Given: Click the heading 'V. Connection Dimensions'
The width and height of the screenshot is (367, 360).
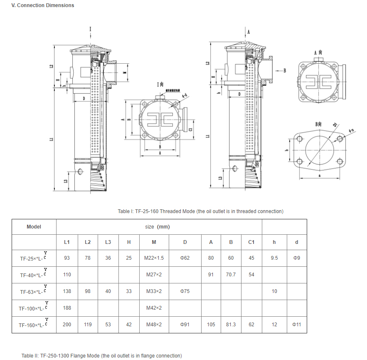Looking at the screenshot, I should pos(43,5).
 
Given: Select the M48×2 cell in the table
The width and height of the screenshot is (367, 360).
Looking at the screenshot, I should pos(154,325).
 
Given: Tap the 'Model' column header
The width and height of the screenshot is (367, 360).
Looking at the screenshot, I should pos(34,227).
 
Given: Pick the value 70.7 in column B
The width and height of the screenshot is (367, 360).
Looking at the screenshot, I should pos(231,275).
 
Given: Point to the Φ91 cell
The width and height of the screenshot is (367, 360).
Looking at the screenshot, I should pos(185,325).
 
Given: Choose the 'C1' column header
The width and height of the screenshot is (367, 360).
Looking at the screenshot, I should pos(251,242).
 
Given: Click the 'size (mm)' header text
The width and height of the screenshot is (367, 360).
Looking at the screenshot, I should pos(158,227).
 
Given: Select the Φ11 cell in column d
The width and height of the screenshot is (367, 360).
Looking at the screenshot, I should pos(296,325).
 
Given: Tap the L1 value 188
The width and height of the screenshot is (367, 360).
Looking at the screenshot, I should pos(67,308).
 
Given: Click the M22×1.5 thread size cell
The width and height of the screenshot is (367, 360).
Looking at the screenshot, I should pos(154,258).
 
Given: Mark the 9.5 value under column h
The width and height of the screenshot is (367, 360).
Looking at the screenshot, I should pos(274,258).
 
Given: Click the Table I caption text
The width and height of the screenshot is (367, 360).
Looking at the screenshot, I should pos(200,211).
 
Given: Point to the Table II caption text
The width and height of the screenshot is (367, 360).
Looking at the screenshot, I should pos(101,356).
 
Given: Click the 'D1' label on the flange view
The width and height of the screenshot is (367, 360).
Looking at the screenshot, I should pos(335,124).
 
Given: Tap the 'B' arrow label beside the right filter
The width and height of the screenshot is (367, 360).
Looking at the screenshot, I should pos(285,70).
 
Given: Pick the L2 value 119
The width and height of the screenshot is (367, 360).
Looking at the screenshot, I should pos(88,325).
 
